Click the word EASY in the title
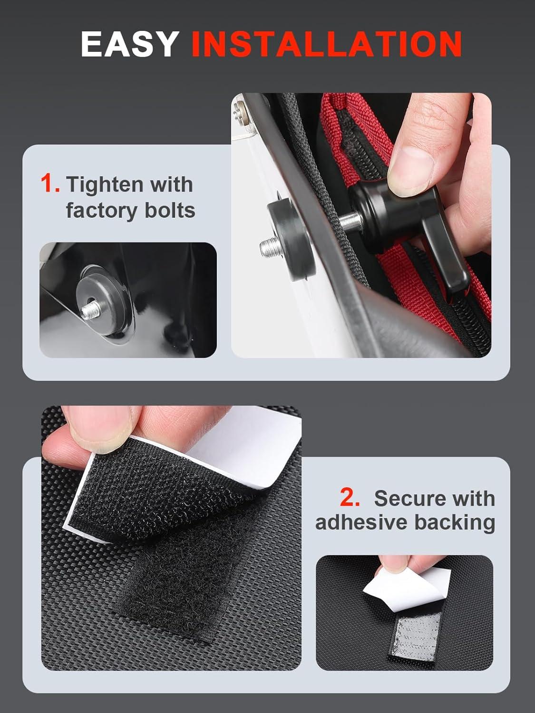point(129,45)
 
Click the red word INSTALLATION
point(326,45)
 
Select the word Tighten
point(105,184)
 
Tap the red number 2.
point(350,498)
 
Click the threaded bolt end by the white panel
point(269,246)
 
